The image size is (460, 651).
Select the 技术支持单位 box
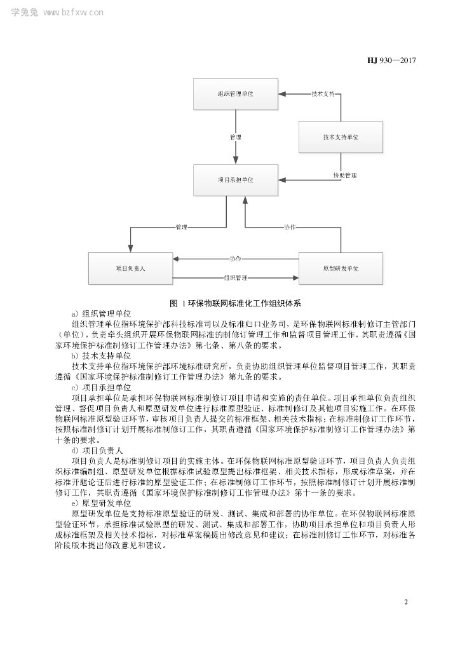[341, 137]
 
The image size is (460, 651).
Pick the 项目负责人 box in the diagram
[130, 268]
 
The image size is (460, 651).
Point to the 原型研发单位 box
[341, 268]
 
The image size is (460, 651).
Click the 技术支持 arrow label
[323, 94]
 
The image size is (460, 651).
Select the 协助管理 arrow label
[344, 175]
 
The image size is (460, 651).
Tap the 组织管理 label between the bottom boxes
[235, 278]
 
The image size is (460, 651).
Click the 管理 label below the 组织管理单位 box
[235, 137]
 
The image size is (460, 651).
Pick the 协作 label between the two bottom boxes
[235, 259]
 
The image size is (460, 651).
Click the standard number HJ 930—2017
[391, 61]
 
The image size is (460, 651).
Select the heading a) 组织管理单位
[102, 313]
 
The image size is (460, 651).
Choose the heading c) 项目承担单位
[102, 387]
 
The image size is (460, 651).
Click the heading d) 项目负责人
[98, 449]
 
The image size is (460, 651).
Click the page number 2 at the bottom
[406, 601]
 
